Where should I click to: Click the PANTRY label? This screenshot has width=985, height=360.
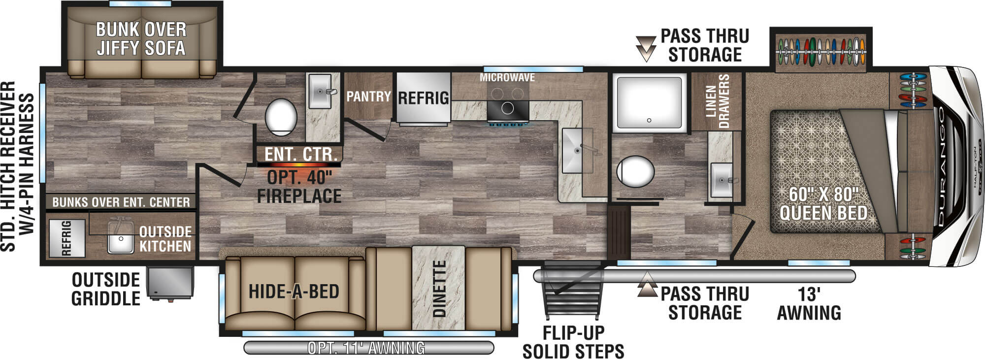[x=368, y=97]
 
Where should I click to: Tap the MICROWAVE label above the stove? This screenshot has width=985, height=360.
[x=507, y=77]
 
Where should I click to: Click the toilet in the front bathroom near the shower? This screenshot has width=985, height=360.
[x=635, y=171]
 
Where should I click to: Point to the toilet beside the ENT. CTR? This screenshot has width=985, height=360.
[x=281, y=117]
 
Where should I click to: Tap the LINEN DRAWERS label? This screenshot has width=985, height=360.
[x=717, y=101]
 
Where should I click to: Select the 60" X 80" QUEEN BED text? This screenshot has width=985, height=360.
[x=823, y=203]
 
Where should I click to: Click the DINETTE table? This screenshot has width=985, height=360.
[x=438, y=288]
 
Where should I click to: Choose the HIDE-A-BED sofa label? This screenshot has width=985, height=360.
[x=294, y=292]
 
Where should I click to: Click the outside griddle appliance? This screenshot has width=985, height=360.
[x=170, y=282]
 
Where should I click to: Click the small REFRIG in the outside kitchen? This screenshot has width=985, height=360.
[x=66, y=238]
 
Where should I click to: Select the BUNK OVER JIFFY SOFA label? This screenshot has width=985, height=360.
[x=141, y=39]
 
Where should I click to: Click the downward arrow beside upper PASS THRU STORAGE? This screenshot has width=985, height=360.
[x=646, y=48]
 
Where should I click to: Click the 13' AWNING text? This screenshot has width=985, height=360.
[x=809, y=303]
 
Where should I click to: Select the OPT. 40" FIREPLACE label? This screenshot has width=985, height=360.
[x=299, y=187]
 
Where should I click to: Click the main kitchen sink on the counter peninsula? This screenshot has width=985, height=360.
[x=578, y=150]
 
